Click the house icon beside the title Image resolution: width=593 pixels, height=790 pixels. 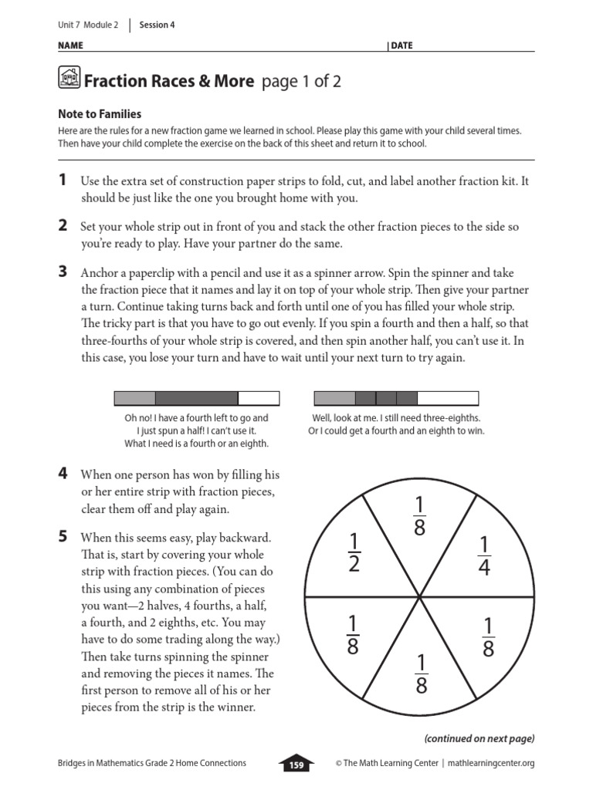[x=69, y=78]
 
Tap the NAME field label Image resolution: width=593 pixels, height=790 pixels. [x=70, y=46]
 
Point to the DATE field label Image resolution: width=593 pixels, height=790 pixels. [x=402, y=46]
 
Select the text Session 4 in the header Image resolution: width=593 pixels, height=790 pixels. [x=157, y=25]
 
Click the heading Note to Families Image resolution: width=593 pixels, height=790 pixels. [x=100, y=114]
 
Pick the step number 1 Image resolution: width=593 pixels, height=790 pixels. [x=62, y=181]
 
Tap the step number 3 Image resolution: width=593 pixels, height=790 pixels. [x=63, y=272]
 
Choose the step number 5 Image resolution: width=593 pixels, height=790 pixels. [x=63, y=537]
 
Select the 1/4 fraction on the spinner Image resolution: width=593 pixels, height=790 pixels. [x=483, y=556]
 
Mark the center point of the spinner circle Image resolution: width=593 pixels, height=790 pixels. [x=419, y=596]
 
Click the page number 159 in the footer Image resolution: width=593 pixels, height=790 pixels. [x=296, y=765]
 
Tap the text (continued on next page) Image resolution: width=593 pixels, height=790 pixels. [x=479, y=738]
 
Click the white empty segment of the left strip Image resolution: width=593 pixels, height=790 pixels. [x=259, y=398]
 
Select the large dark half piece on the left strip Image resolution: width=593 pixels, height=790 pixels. [x=197, y=398]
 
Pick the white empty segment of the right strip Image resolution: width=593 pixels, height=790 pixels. [x=448, y=398]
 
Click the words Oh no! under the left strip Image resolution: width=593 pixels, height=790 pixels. [x=137, y=418]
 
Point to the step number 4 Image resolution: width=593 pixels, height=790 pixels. [x=63, y=473]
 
